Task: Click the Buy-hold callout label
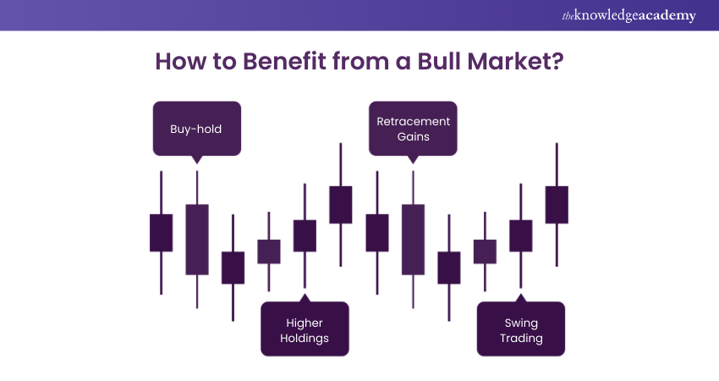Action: pos(197,130)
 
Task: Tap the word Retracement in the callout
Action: pos(413,121)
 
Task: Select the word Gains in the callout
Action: pos(413,136)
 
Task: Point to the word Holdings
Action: pos(305,339)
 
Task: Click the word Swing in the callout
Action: pos(521,323)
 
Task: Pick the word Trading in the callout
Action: pos(521,339)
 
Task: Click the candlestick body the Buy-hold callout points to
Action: pos(197,239)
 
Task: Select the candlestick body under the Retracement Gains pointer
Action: pos(413,239)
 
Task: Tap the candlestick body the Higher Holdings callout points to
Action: pos(305,235)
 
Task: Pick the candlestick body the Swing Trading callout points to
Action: pos(521,235)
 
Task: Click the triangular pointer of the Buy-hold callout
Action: pos(197,158)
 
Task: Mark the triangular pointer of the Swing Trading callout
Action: pos(521,298)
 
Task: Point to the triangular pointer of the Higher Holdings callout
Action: pos(305,298)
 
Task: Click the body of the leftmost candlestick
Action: pos(161,232)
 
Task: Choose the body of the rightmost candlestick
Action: pos(557,205)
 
